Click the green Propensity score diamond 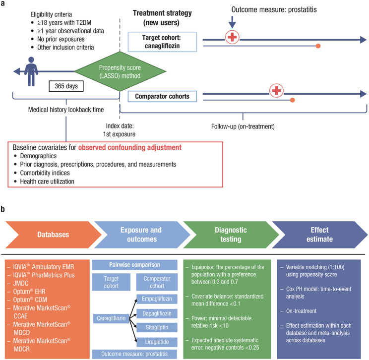pyautogui.click(x=120, y=71)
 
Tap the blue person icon pyautogui.click(x=31, y=71)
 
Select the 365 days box pyautogui.click(x=66, y=86)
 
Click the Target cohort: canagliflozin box pyautogui.click(x=162, y=42)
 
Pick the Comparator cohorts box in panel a pyautogui.click(x=162, y=96)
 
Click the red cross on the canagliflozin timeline pyautogui.click(x=232, y=37)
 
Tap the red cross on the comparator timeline pyautogui.click(x=277, y=91)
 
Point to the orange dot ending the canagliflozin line pyautogui.click(x=318, y=46)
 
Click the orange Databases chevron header pyautogui.click(x=54, y=235)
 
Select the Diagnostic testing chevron pyautogui.click(x=231, y=235)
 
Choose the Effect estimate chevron pyautogui.click(x=319, y=235)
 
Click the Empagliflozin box pyautogui.click(x=157, y=299)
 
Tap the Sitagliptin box pyautogui.click(x=157, y=327)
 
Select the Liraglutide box pyautogui.click(x=157, y=342)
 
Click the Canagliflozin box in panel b pyautogui.click(x=111, y=318)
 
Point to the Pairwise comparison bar pyautogui.click(x=134, y=265)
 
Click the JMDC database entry pyautogui.click(x=21, y=283)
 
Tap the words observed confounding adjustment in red pyautogui.click(x=129, y=148)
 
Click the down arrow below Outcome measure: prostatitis pyautogui.click(x=232, y=22)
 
